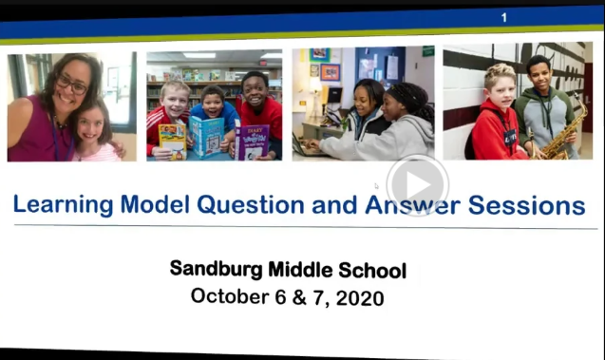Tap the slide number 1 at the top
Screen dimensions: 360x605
click(x=503, y=17)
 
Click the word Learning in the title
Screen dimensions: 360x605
click(x=66, y=205)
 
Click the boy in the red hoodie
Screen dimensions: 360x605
click(x=493, y=119)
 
